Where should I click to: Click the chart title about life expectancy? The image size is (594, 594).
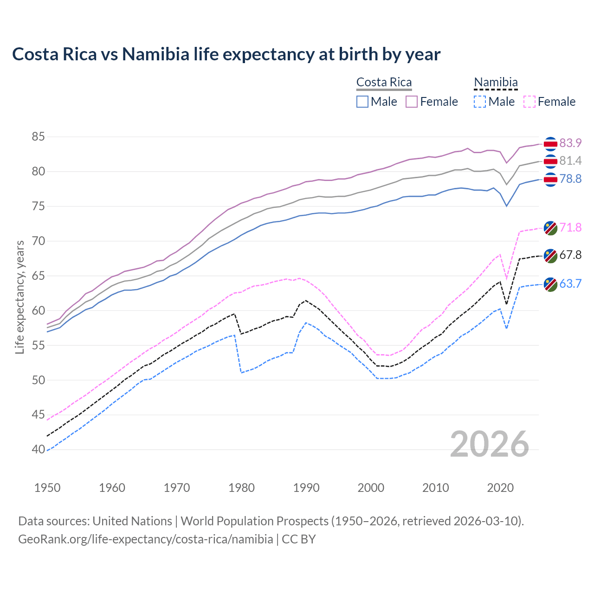pyautogui.click(x=226, y=54)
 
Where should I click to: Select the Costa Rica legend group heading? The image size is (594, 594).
pyautogui.click(x=384, y=83)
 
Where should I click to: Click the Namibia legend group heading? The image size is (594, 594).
pyautogui.click(x=495, y=83)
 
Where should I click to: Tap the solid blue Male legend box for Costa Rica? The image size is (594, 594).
pyautogui.click(x=362, y=102)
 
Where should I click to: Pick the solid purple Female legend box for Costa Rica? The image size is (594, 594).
pyautogui.click(x=412, y=102)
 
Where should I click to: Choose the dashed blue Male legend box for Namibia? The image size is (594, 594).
pyautogui.click(x=480, y=102)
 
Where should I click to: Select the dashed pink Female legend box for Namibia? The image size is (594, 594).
pyautogui.click(x=529, y=102)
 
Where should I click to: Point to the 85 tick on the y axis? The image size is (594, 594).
pyautogui.click(x=38, y=137)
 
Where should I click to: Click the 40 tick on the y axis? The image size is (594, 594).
pyautogui.click(x=38, y=449)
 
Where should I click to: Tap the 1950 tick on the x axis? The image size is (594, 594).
pyautogui.click(x=47, y=488)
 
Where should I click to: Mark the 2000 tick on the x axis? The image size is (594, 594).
pyautogui.click(x=371, y=488)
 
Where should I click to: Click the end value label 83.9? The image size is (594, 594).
pyautogui.click(x=570, y=143)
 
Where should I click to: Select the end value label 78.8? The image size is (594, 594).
pyautogui.click(x=570, y=179)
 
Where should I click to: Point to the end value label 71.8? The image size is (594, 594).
pyautogui.click(x=570, y=227)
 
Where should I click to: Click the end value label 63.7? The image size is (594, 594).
pyautogui.click(x=570, y=284)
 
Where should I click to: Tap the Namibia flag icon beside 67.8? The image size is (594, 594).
pyautogui.click(x=550, y=256)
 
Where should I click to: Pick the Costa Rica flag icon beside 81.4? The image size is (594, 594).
pyautogui.click(x=550, y=161)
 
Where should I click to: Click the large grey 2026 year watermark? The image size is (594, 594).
pyautogui.click(x=489, y=444)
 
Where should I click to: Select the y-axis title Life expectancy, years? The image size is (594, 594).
pyautogui.click(x=19, y=297)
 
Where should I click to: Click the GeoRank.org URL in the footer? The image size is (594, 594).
pyautogui.click(x=145, y=539)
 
